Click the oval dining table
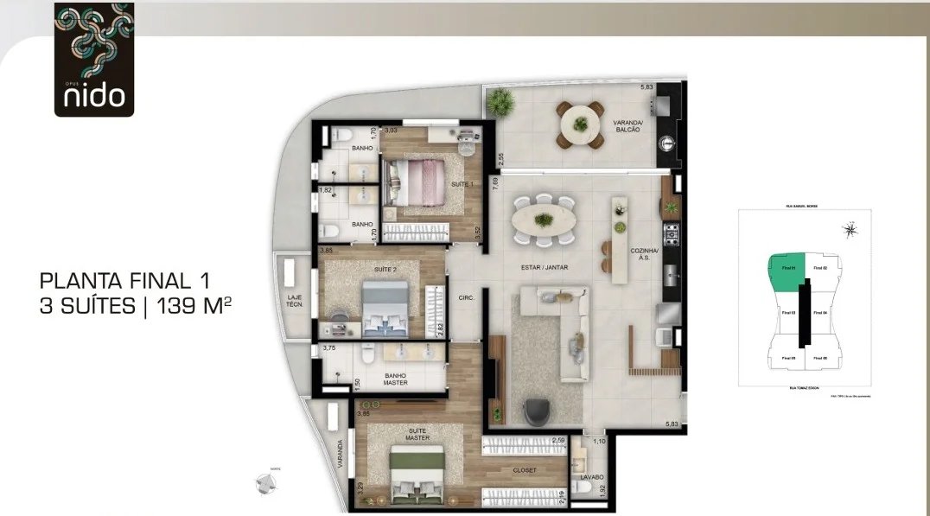coord(544,221)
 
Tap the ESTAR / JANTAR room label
coord(543,268)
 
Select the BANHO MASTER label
coord(396,380)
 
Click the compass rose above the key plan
coord(851,230)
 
